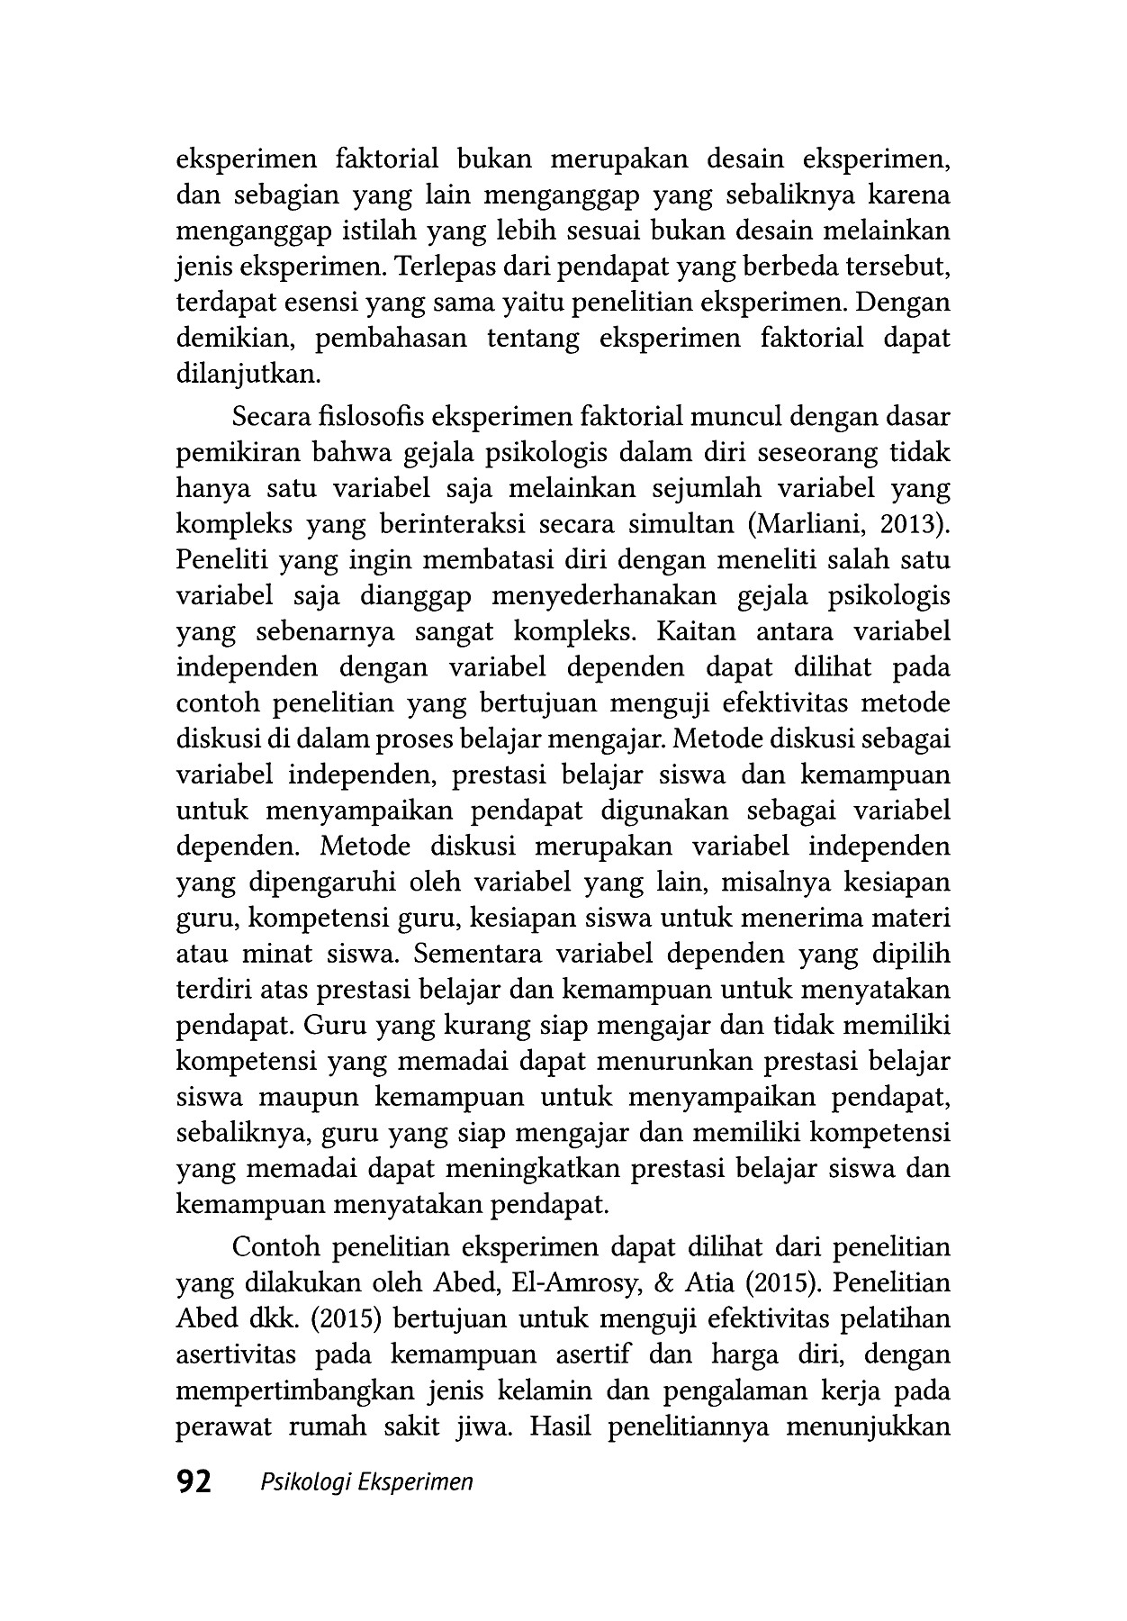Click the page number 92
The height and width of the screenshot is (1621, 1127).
[x=194, y=1481]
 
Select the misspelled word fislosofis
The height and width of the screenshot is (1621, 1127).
[x=368, y=418]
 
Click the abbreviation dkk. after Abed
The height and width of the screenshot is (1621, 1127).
[x=275, y=1318]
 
